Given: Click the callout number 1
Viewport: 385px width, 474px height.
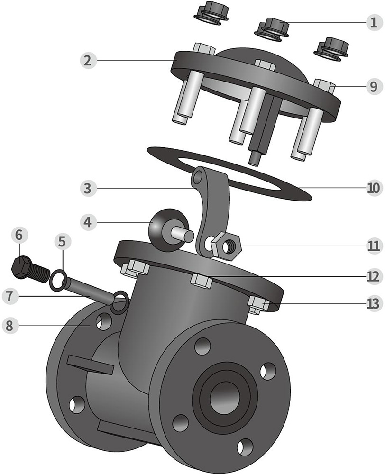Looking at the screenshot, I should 373,22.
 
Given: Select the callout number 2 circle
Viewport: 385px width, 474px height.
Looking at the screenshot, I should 87,60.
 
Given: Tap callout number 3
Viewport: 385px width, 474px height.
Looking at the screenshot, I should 87,188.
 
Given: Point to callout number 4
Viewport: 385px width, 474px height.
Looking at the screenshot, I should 87,221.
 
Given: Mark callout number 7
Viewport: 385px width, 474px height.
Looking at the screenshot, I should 11,296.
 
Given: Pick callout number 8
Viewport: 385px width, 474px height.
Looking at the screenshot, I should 11,326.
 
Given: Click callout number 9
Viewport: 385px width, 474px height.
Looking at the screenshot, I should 373,86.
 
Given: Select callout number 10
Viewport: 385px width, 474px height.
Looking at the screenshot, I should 373,188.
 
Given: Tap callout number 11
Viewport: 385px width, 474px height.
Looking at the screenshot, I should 373,246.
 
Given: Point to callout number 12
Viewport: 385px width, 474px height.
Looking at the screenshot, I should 373,275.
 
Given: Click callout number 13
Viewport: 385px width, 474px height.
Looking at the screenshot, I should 373,303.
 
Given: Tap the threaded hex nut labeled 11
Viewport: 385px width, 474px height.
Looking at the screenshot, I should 227,246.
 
